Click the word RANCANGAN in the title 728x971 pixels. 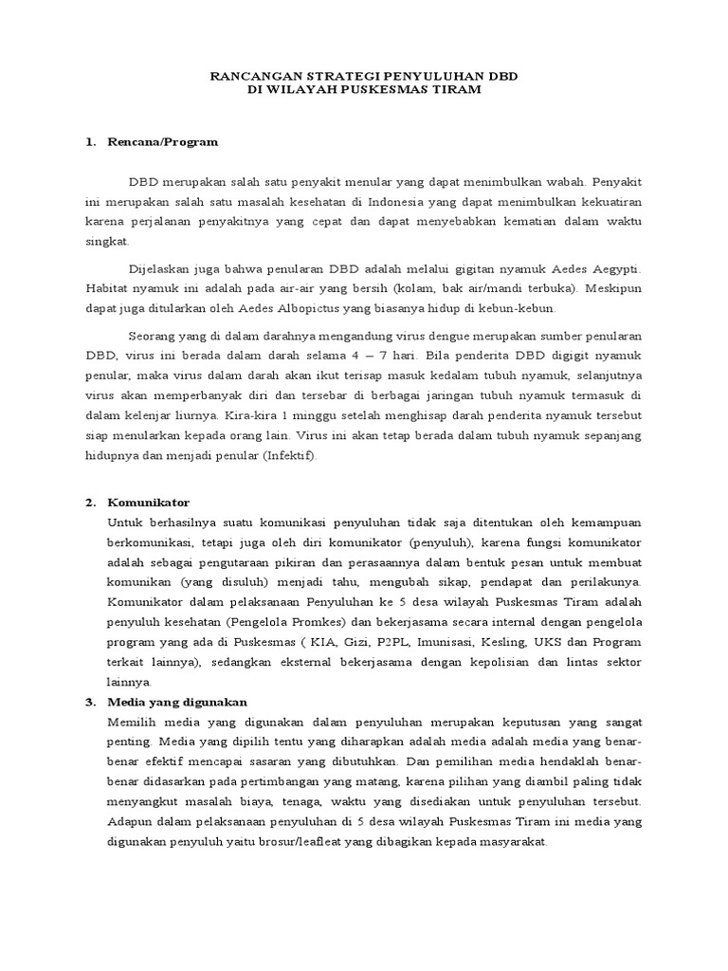250,74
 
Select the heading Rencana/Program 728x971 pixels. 164,141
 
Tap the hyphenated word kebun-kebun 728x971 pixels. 527,308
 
